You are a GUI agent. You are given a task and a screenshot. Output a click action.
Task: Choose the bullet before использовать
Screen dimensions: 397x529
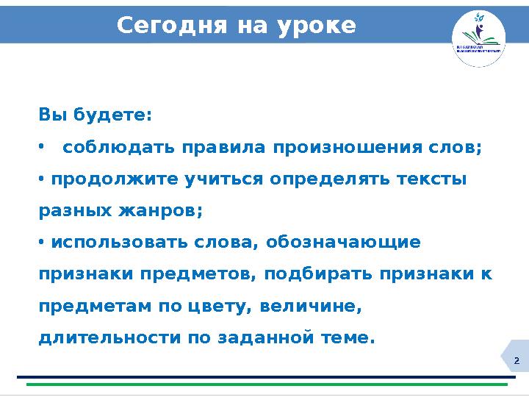pos(41,243)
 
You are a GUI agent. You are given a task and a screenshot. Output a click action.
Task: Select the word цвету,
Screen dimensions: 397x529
pos(221,306)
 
